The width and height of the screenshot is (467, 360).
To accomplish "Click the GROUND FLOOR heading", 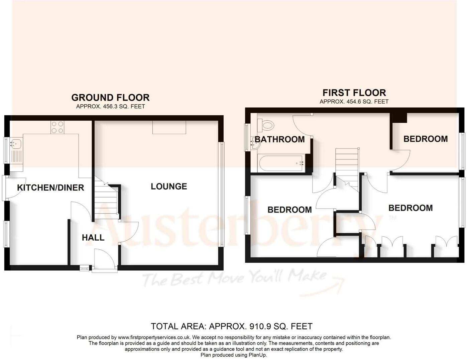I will click(110, 98).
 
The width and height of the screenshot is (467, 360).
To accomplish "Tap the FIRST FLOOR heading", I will click(354, 93).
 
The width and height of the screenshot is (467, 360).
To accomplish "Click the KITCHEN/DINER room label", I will click(50, 188).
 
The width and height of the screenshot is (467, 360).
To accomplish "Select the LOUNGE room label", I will click(169, 187).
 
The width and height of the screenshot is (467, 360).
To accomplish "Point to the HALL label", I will click(93, 238).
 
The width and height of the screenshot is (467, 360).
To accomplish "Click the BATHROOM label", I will click(280, 139).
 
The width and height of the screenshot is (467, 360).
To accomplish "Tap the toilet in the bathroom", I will click(267, 126).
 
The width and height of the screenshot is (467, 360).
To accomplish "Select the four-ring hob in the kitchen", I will click(57, 127).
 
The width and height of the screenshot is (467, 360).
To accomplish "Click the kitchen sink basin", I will click(16, 144).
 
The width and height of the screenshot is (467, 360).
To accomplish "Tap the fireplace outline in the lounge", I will click(169, 127).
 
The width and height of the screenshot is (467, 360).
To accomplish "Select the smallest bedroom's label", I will click(425, 139).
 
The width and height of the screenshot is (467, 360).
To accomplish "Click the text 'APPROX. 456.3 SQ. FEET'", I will click(110, 107).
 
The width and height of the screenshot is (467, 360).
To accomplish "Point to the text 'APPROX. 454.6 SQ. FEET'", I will click(354, 102).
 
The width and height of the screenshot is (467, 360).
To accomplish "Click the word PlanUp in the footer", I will click(258, 355).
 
